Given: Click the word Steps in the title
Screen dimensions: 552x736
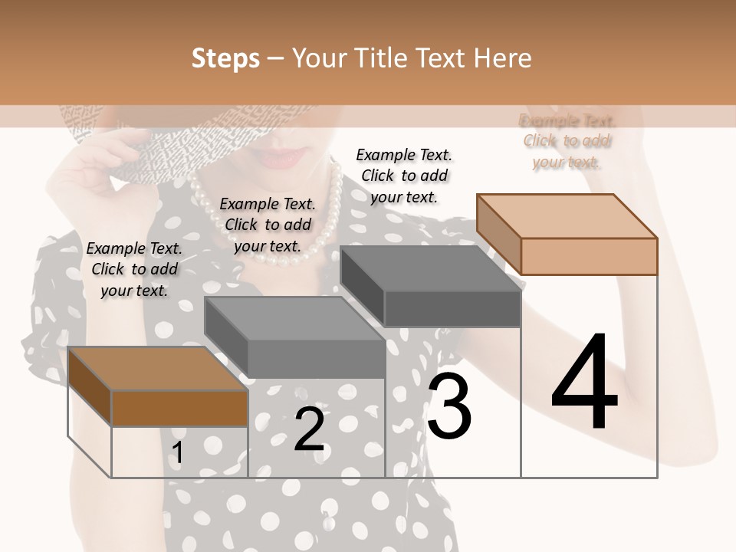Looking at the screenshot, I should [225, 58].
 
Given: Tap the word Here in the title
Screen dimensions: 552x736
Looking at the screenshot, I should [501, 58].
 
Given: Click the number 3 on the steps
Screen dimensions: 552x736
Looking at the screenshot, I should [449, 406].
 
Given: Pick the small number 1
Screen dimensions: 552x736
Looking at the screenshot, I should [178, 453].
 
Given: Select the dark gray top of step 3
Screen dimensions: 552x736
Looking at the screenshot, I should [429, 268].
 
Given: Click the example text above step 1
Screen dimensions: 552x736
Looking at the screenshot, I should [134, 269].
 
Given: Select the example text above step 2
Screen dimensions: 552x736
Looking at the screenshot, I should [268, 225].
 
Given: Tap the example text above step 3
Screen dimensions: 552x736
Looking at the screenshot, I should [404, 176].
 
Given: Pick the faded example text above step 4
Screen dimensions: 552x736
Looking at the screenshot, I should [567, 141].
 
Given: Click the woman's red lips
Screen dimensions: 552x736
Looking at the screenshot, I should [279, 158].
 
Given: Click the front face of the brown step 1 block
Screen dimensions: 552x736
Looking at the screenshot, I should [179, 408].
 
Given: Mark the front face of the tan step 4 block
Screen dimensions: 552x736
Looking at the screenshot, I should [589, 256].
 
